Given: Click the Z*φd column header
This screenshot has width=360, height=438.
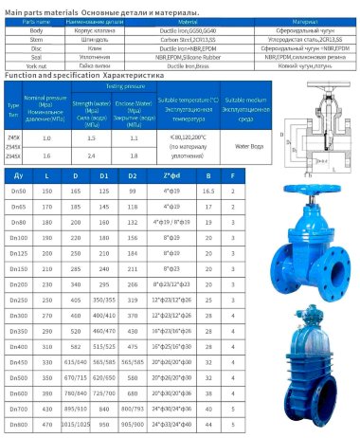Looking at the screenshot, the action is (171, 175).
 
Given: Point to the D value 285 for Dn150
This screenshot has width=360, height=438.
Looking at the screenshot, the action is (77, 270).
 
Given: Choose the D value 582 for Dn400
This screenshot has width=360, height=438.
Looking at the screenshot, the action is (77, 347).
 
